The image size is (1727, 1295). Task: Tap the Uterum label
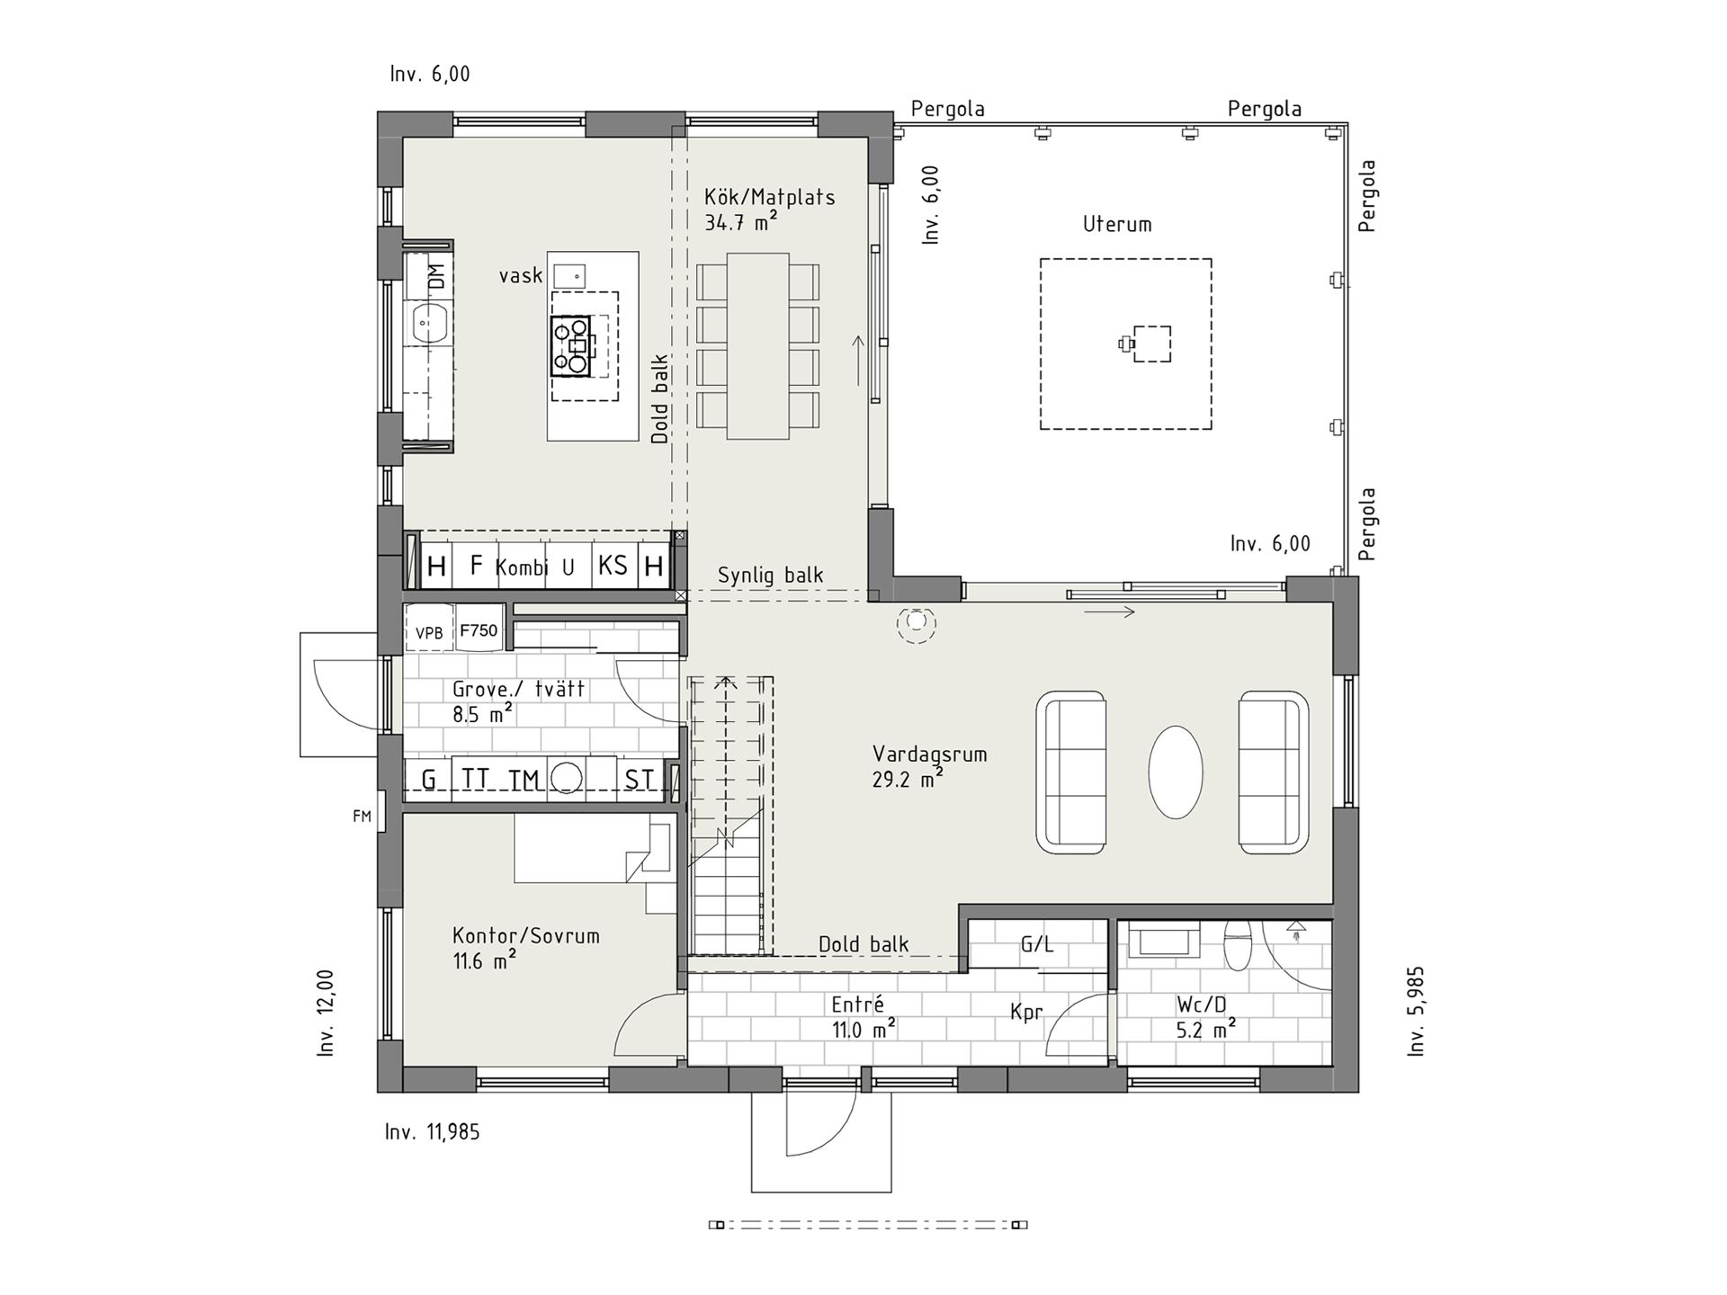(1117, 224)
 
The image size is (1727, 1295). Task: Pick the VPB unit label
(429, 633)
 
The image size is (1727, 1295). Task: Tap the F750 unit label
(479, 630)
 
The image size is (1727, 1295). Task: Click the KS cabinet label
(613, 566)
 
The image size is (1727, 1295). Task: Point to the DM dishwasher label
(437, 276)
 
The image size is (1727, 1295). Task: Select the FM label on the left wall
(362, 817)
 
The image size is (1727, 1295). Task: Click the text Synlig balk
(770, 576)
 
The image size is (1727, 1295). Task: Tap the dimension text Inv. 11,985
(432, 1131)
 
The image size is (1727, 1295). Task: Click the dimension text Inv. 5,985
(1416, 1011)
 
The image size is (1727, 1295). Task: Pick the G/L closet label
(1037, 944)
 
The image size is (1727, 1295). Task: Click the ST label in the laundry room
(640, 779)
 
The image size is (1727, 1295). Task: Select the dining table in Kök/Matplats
(757, 346)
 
